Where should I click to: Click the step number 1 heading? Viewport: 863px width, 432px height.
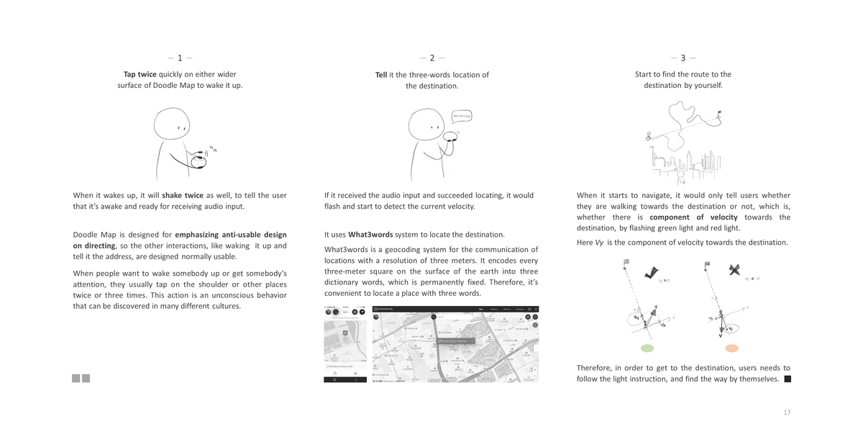180,58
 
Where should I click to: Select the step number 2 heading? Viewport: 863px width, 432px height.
432,58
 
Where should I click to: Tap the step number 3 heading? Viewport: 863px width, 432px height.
683,58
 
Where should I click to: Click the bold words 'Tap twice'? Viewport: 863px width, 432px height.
140,74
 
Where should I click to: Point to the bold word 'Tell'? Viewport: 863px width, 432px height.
381,75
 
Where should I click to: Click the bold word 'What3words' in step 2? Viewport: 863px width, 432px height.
370,234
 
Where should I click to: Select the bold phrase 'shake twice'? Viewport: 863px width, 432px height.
183,195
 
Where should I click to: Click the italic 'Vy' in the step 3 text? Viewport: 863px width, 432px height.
599,243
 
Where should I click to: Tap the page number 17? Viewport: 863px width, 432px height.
787,413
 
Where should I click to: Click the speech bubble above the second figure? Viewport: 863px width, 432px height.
462,116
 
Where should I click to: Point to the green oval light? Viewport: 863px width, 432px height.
647,348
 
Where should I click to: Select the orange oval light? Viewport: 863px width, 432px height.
731,348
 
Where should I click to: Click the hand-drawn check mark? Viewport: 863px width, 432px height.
652,271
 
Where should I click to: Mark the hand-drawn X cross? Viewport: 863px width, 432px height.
734,270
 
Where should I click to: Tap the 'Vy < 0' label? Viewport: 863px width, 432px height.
752,279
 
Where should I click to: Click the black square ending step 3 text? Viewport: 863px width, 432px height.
787,379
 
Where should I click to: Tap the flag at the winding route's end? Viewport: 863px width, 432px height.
720,112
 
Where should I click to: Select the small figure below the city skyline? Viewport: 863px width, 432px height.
680,175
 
